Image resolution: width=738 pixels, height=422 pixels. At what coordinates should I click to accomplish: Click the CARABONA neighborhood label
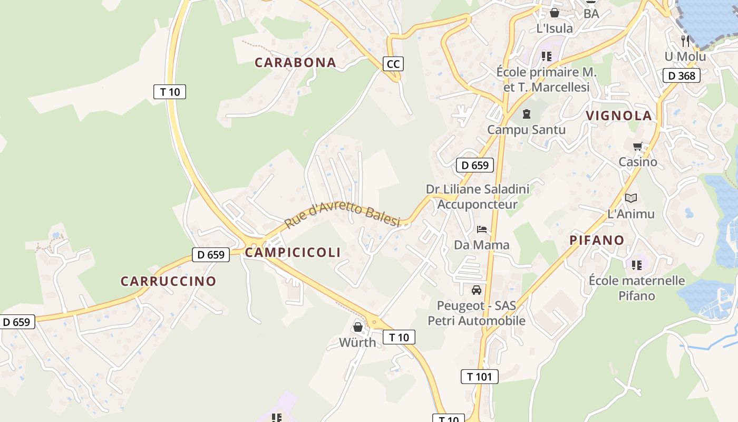tap(295, 62)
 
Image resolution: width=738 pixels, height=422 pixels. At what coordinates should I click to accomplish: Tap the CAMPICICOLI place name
tap(293, 252)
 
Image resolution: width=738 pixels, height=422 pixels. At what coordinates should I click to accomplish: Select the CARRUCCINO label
tap(168, 281)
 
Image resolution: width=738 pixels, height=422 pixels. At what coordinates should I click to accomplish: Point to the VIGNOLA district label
tap(619, 116)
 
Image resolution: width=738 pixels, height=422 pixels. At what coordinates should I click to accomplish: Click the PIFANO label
tap(597, 240)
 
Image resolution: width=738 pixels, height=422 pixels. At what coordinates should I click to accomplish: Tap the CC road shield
tap(393, 64)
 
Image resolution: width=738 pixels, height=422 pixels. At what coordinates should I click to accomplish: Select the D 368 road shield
tap(681, 75)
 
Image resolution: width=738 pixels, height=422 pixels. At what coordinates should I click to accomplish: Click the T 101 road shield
tap(479, 376)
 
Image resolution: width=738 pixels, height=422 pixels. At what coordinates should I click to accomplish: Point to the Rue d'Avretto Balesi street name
tap(342, 215)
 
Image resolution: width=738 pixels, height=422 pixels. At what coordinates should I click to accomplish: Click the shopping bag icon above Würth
tap(357, 327)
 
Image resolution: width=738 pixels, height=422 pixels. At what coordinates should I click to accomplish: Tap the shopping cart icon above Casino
tap(638, 146)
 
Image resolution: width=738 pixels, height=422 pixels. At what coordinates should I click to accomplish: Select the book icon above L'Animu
tap(631, 198)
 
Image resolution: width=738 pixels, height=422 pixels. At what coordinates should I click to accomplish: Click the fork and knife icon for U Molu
tap(685, 40)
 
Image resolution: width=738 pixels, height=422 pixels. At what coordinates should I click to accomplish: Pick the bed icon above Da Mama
tap(482, 229)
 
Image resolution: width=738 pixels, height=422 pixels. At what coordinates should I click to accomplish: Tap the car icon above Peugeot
tap(477, 290)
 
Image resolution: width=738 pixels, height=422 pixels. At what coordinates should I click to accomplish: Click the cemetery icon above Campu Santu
tap(526, 113)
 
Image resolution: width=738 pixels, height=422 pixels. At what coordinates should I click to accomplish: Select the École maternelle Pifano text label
tap(637, 288)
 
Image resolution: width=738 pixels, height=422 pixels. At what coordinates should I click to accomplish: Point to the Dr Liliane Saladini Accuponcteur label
tap(478, 196)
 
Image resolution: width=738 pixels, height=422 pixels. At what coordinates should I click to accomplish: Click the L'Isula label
tap(555, 28)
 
